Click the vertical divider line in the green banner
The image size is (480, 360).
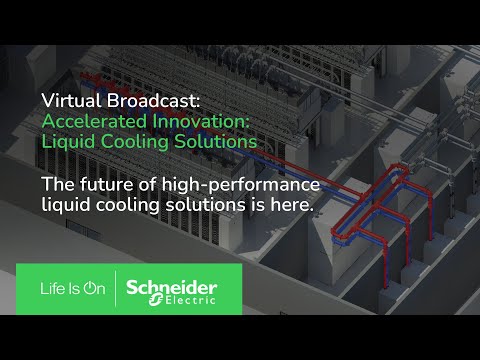[x=116, y=288]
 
